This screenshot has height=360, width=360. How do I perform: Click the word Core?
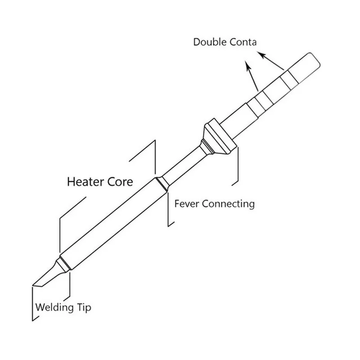tap(120, 182)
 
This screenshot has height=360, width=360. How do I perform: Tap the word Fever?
tap(186, 204)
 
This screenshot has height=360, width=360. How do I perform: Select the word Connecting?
tap(229, 204)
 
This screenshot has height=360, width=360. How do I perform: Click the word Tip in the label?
tap(84, 307)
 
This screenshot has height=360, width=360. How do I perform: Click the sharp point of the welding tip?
tap(33, 286)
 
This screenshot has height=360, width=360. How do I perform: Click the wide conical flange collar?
tap(220, 137)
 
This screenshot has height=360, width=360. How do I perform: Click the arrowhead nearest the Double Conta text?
tap(261, 55)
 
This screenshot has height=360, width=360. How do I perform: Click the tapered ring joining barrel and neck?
tap(162, 184)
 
